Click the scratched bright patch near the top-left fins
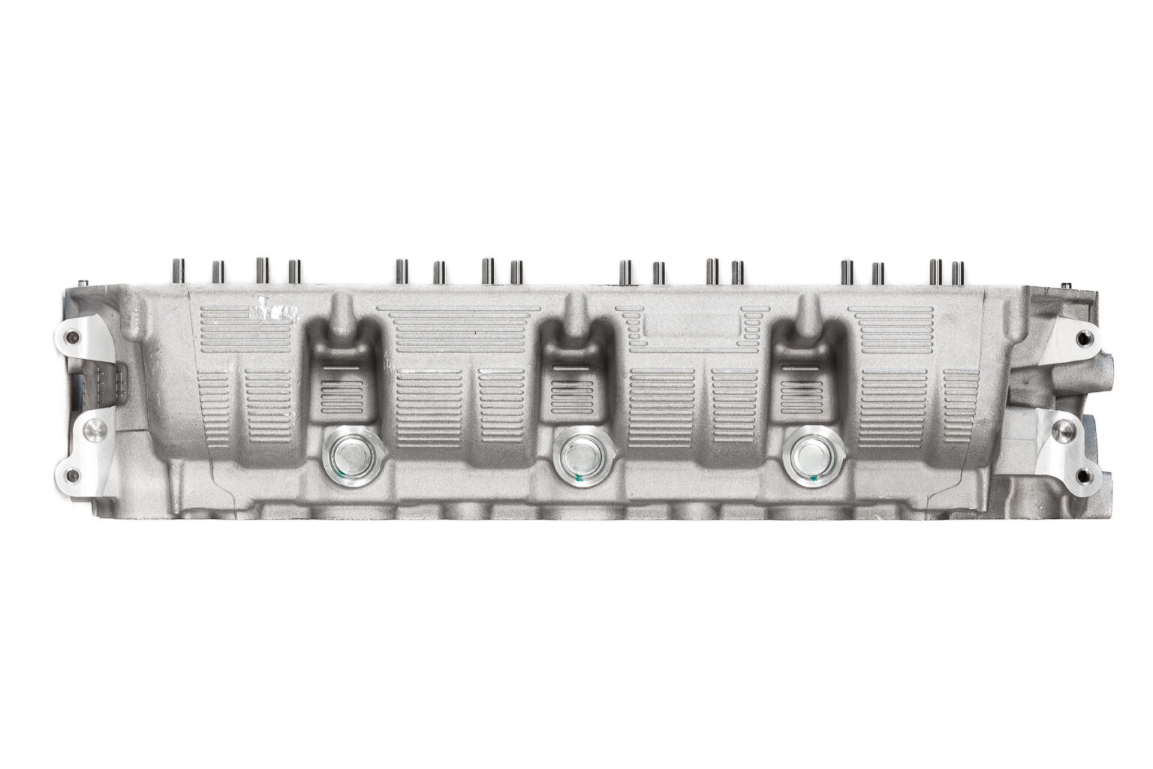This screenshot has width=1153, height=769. click(272, 310)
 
